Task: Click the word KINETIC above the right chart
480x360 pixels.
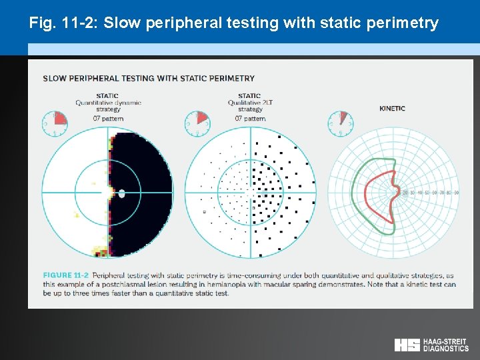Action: point(392,109)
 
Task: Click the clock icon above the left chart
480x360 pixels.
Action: point(55,122)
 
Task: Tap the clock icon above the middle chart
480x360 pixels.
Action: point(197,122)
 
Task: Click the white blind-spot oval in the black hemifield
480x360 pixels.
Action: point(121,193)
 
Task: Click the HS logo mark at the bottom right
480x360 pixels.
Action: point(407,345)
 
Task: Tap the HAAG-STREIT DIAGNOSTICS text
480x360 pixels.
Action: point(446,345)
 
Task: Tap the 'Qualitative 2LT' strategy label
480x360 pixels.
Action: point(249,103)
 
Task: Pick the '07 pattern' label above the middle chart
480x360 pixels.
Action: point(249,118)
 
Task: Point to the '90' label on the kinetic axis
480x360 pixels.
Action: point(457,193)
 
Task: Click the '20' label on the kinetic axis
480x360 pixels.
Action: point(406,193)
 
